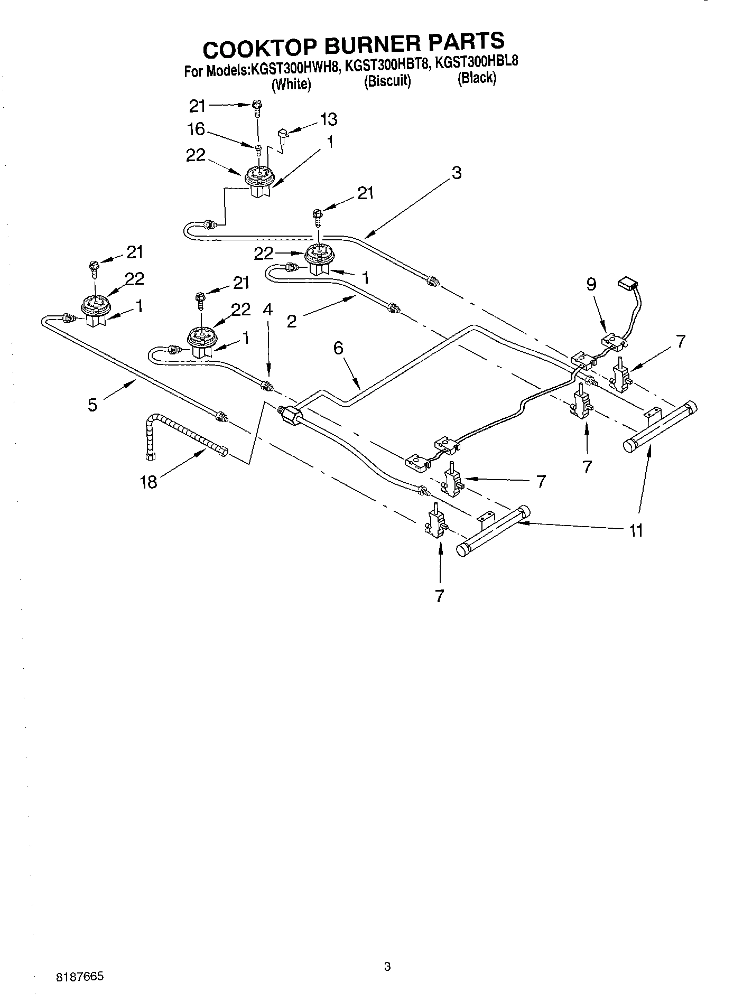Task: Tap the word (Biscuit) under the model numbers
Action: coord(387,82)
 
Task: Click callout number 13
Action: coord(328,119)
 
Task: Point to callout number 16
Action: coord(197,129)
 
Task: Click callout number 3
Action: coord(456,172)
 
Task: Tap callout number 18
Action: coord(149,482)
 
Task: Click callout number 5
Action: coord(92,405)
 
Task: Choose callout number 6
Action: coord(338,348)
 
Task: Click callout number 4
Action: coord(267,310)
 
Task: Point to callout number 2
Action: coord(292,321)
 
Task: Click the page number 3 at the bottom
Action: coord(387,967)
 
